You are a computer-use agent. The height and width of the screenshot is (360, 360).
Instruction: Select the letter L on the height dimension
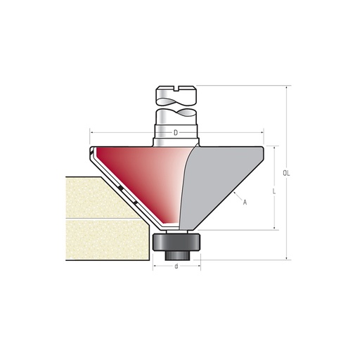click(272, 190)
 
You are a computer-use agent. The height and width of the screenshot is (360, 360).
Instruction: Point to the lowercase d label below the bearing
click(176, 268)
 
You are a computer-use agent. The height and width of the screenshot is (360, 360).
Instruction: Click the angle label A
click(244, 202)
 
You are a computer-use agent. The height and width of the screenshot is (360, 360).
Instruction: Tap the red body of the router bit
click(141, 172)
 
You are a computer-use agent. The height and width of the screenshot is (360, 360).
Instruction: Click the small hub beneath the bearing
click(176, 255)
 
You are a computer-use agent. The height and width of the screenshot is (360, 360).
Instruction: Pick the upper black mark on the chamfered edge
click(120, 189)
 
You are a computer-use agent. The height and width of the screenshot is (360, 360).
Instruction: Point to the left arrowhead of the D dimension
click(91, 131)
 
